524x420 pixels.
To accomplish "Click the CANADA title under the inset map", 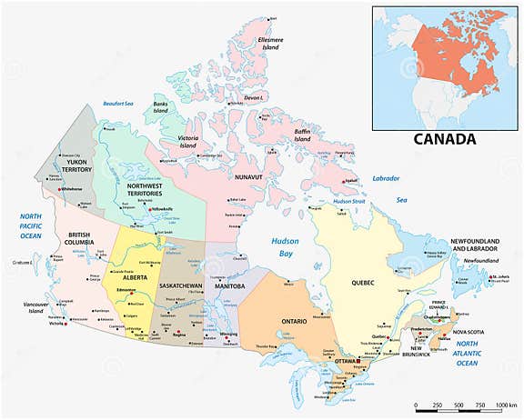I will (445, 139).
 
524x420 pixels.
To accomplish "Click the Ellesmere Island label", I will (277, 45).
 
